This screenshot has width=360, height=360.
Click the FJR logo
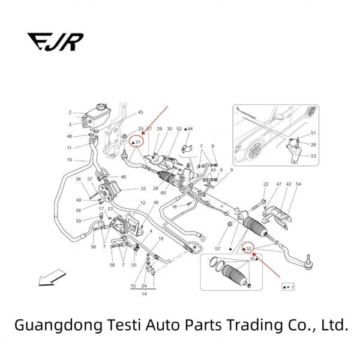(55, 42)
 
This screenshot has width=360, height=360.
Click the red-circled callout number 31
(137, 142)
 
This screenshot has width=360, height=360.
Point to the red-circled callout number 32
(248, 248)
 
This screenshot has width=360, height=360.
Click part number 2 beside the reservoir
(70, 113)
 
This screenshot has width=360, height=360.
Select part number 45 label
(140, 113)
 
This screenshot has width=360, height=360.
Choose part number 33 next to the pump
(143, 189)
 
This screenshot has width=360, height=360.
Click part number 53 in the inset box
(313, 156)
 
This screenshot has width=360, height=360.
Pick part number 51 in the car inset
(313, 133)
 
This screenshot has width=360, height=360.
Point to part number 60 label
(163, 193)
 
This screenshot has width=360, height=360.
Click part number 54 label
(298, 184)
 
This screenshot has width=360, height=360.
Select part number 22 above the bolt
(266, 184)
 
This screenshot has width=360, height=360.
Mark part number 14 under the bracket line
(144, 295)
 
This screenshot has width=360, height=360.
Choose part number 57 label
(218, 248)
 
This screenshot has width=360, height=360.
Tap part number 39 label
(78, 221)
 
